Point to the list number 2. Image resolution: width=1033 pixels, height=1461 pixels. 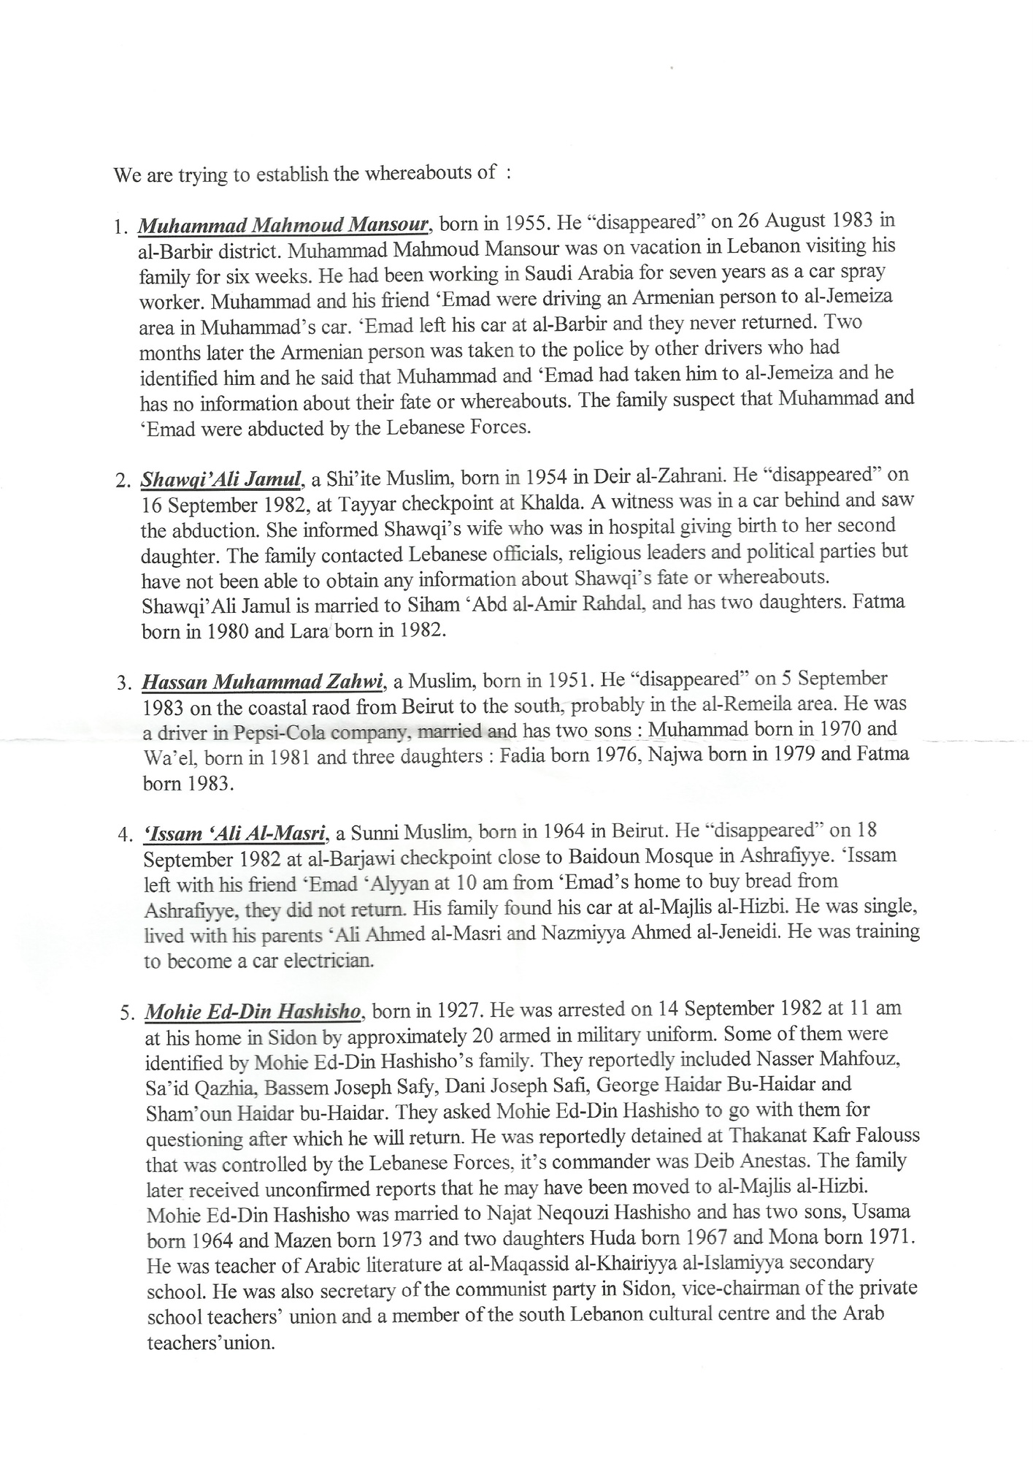point(122,481)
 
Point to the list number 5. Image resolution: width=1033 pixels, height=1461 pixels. point(126,1013)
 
